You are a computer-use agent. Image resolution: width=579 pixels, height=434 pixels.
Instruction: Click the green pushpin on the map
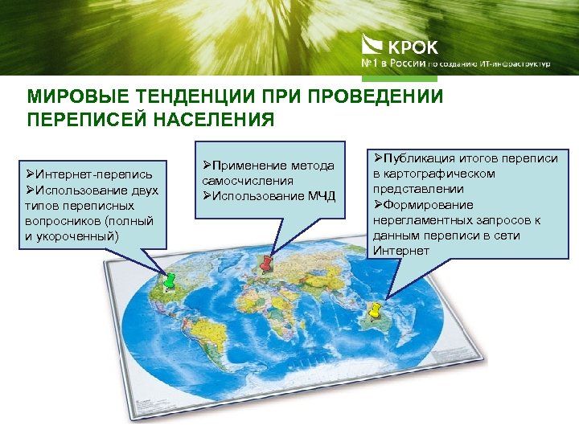(170, 281)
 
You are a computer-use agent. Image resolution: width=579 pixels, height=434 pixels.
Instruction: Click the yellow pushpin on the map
(374, 309)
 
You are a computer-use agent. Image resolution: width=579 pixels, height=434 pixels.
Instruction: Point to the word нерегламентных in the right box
(422, 219)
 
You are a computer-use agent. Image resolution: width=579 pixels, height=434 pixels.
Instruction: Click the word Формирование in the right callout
(428, 204)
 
